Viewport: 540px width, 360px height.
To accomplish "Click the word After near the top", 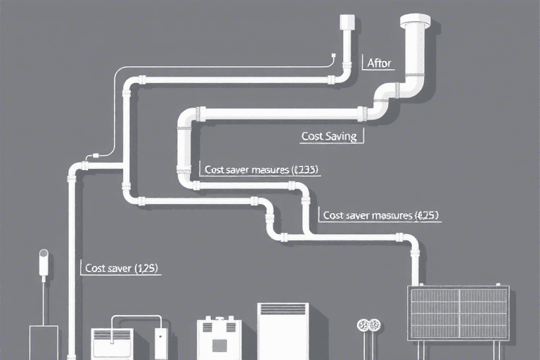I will pos(380,63).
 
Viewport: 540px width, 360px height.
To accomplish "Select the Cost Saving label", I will pos(329,136).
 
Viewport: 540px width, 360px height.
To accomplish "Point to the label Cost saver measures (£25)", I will pos(380,216).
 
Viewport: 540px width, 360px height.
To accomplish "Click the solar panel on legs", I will pos(459,312).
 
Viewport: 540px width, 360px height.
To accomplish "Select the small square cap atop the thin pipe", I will pos(347,22).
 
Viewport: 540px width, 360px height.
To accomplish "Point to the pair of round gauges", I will pos(368,325).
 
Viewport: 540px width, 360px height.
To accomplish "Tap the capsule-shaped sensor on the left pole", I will pos(43,262).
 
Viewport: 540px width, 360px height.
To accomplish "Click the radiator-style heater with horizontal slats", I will pos(112,343).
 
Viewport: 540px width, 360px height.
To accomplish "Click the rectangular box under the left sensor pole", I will pos(43,342).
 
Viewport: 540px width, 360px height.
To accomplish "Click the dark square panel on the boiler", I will pos(219,345).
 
